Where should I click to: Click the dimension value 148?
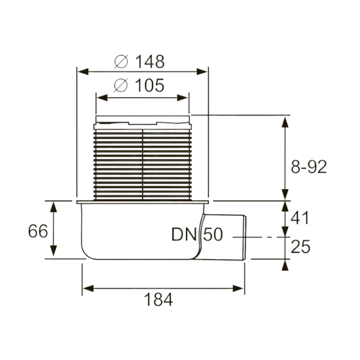tap(149, 61)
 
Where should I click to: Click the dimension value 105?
tap(149, 86)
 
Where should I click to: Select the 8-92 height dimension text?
tap(308, 167)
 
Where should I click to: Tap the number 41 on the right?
tap(301, 217)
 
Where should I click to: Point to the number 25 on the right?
tap(301, 246)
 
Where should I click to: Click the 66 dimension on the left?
tap(37, 231)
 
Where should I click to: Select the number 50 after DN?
tap(212, 235)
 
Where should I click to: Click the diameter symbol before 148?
tap(121, 61)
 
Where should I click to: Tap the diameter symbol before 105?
tap(121, 86)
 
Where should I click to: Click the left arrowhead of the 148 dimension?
tap(81, 72)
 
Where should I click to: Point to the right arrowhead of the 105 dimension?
tap(185, 96)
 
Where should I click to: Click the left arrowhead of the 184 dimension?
tap(86, 287)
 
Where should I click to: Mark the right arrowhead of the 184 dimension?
tap(242, 287)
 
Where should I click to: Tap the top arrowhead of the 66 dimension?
tap(55, 205)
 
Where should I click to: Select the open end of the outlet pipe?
tap(245, 236)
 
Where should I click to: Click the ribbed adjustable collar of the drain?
tap(143, 162)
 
